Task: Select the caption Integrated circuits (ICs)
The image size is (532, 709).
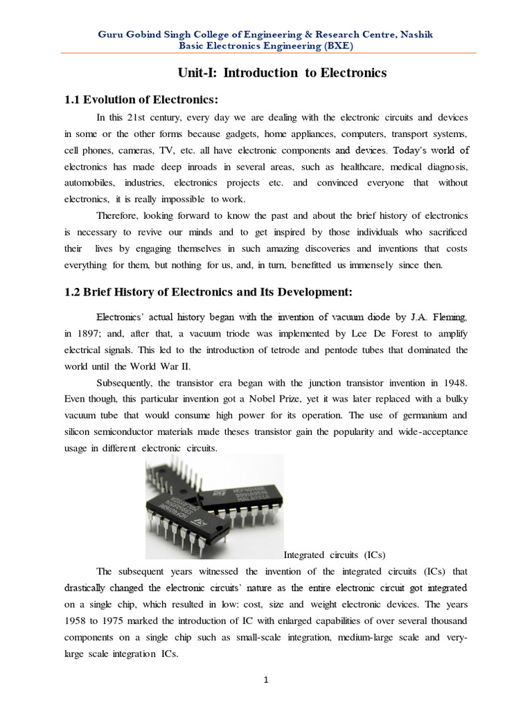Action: coord(335,555)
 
